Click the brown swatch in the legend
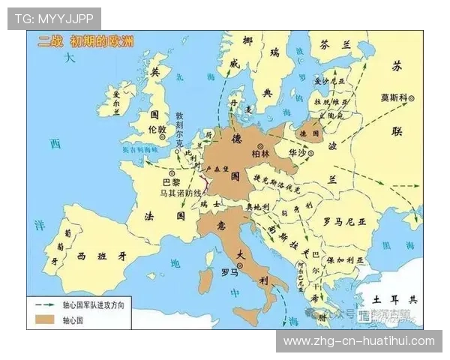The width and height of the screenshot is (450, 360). coord(42,318)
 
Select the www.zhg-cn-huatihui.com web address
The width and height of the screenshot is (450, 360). coord(359,341)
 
